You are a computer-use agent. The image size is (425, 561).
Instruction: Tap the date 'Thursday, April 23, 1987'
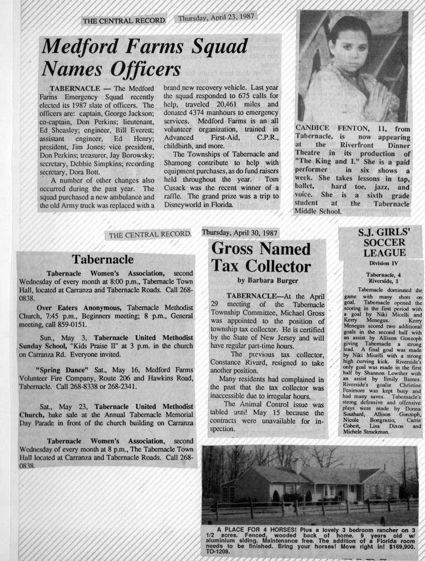coord(216,17)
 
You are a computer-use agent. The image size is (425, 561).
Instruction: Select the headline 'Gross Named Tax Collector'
coord(261,258)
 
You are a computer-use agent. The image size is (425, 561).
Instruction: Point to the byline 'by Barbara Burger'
coord(261,280)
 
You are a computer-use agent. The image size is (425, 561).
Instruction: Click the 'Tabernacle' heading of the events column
coord(103,259)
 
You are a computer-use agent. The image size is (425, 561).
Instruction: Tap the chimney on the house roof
coord(296,466)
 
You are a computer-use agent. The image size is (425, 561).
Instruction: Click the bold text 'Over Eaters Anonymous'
coord(79,308)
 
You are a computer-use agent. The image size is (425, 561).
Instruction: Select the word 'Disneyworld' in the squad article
coord(60,206)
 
